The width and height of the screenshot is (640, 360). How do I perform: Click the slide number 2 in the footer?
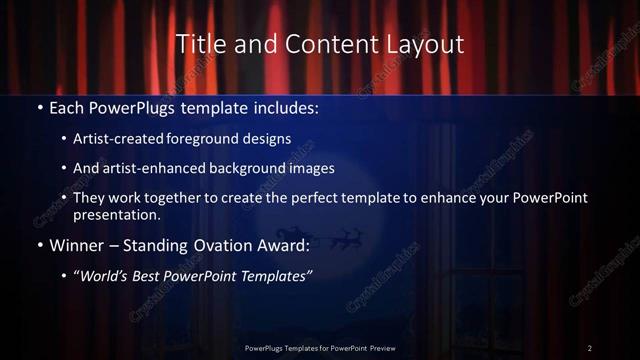[x=589, y=347]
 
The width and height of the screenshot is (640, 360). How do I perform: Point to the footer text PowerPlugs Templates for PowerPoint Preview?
[x=320, y=347]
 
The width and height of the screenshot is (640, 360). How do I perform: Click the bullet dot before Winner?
[x=38, y=246]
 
